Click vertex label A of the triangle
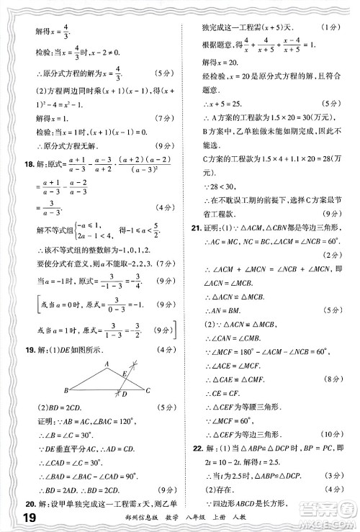click(x=107, y=364)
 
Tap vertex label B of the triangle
click(x=66, y=391)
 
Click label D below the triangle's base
click(x=124, y=395)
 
